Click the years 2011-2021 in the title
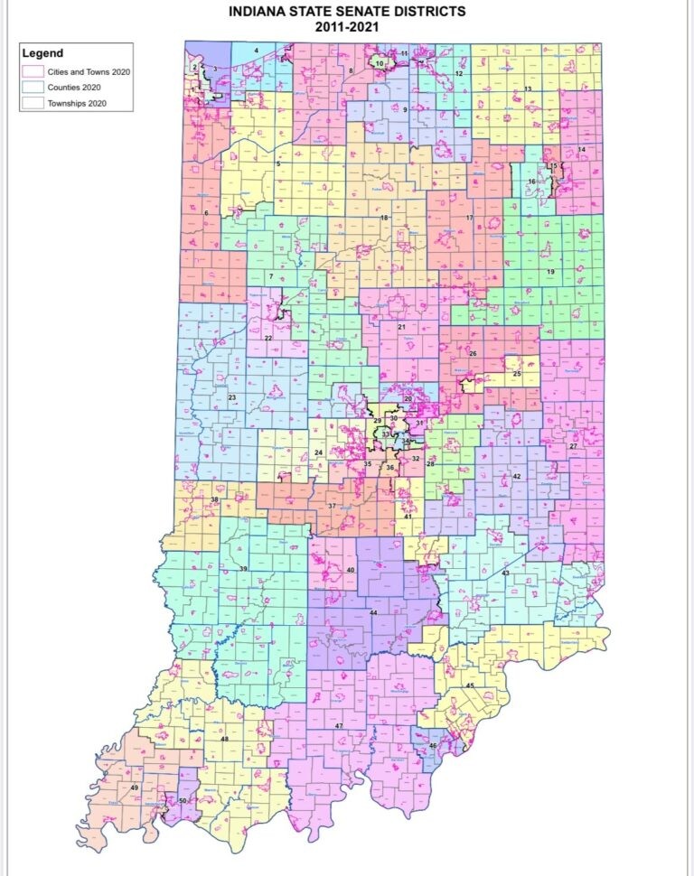347,27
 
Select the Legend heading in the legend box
42,53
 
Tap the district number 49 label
135,788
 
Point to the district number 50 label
183,801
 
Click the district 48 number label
224,739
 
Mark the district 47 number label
339,726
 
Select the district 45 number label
469,686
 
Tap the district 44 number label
372,613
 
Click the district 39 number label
243,568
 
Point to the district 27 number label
572,446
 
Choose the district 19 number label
549,271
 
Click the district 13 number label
527,89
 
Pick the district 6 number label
207,212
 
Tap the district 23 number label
231,397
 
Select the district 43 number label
506,573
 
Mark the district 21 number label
400,326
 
